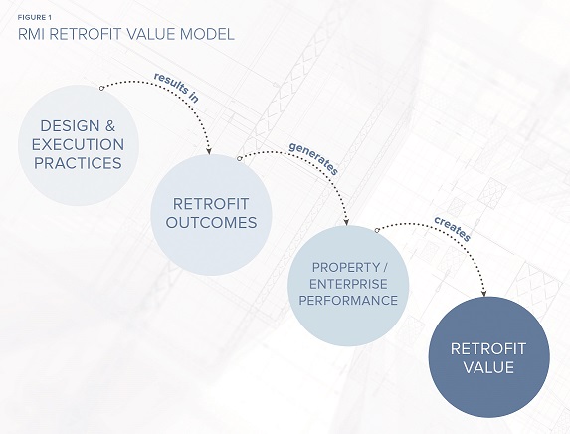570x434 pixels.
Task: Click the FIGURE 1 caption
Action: [x=35, y=18]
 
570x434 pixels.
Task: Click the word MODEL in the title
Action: [x=207, y=34]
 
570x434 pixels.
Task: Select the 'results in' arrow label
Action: [x=176, y=88]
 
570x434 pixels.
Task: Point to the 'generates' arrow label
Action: [x=314, y=158]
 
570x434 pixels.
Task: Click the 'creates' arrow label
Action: [x=453, y=229]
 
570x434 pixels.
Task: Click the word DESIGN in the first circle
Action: [x=70, y=126]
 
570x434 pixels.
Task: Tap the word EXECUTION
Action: [x=78, y=144]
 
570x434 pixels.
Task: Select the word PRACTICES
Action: [x=78, y=163]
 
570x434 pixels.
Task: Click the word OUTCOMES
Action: [x=211, y=223]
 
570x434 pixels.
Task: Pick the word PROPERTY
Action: [x=340, y=268]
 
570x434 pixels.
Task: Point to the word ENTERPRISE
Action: [x=348, y=284]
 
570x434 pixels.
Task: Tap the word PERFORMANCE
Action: [x=348, y=301]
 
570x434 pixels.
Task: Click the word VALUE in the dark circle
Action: [x=488, y=367]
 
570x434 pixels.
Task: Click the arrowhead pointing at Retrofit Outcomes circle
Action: [x=209, y=151]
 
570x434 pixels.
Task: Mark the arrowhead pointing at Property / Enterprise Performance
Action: [x=346, y=222]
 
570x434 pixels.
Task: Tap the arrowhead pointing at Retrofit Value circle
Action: [x=483, y=294]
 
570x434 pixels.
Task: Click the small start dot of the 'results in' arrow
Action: [x=101, y=88]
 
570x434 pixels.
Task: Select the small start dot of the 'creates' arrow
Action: [x=377, y=230]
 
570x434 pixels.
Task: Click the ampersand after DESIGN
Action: [x=110, y=126]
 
